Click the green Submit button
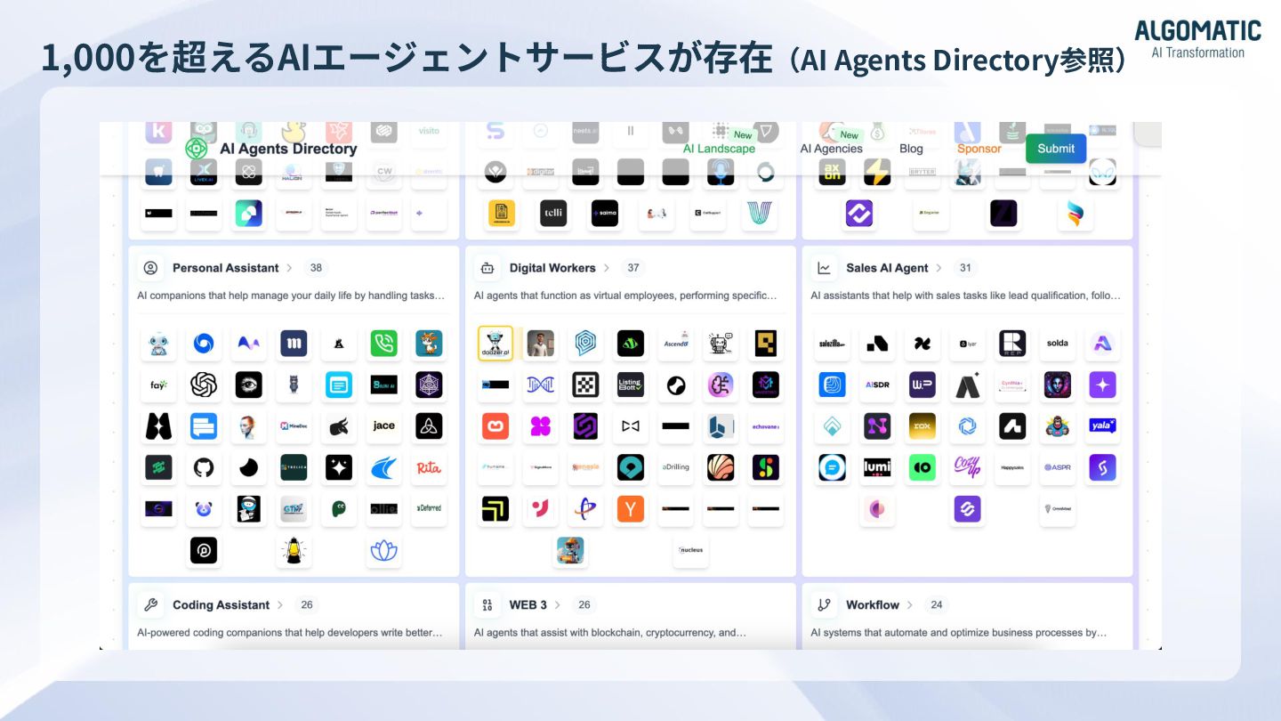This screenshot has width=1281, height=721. click(1056, 149)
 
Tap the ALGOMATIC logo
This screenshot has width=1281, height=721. click(1197, 39)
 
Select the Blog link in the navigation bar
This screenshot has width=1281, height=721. click(911, 149)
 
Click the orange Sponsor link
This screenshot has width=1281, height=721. click(979, 149)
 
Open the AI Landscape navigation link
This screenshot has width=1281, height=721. click(719, 149)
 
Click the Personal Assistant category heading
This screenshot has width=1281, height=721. click(225, 268)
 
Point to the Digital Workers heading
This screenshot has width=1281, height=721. click(552, 268)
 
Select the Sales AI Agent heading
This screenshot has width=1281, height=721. click(887, 268)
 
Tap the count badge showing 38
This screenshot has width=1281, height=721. click(316, 268)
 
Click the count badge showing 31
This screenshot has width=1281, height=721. click(965, 268)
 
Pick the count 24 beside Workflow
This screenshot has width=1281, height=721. click(936, 604)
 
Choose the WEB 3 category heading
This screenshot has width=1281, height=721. click(528, 604)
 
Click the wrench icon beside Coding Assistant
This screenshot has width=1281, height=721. click(150, 604)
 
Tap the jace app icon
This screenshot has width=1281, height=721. click(384, 426)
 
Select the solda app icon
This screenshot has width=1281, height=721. click(1058, 344)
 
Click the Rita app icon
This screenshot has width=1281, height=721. click(429, 467)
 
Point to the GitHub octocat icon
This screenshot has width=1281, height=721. click(204, 467)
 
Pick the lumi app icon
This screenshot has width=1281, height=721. click(877, 467)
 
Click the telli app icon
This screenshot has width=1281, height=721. click(553, 214)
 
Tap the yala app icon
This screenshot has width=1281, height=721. click(1102, 426)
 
